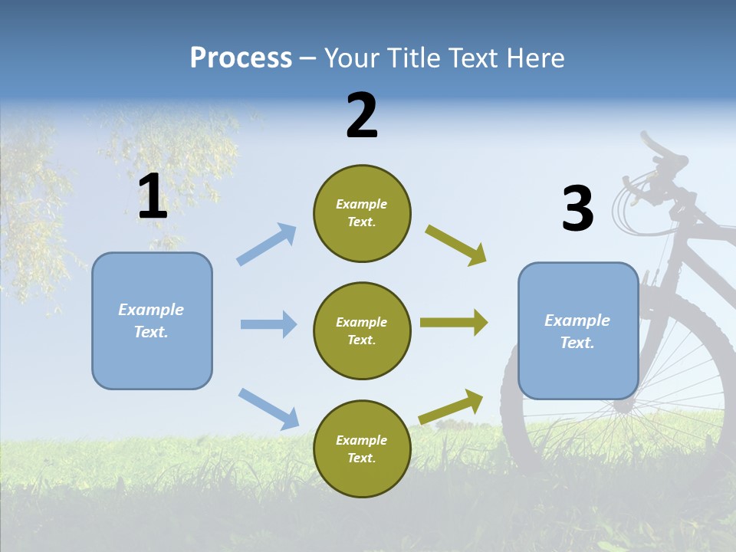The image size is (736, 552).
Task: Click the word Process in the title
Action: click(x=241, y=58)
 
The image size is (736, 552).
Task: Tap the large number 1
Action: click(x=153, y=197)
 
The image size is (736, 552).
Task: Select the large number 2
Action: click(x=362, y=116)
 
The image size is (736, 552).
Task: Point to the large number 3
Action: click(x=577, y=209)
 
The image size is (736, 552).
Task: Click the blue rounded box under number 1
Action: click(x=152, y=320)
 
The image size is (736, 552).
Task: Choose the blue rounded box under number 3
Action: click(x=578, y=330)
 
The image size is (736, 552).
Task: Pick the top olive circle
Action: click(x=362, y=213)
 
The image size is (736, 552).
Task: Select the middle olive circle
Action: click(x=362, y=330)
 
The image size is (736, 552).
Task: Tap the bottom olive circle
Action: click(x=362, y=449)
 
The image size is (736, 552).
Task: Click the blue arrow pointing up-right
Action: click(x=267, y=245)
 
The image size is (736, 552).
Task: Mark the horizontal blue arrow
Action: click(x=268, y=324)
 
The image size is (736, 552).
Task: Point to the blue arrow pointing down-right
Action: click(x=268, y=409)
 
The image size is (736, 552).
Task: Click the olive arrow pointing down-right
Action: click(x=456, y=245)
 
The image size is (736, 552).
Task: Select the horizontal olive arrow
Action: click(x=454, y=323)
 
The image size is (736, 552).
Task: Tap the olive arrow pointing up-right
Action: click(x=452, y=407)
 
